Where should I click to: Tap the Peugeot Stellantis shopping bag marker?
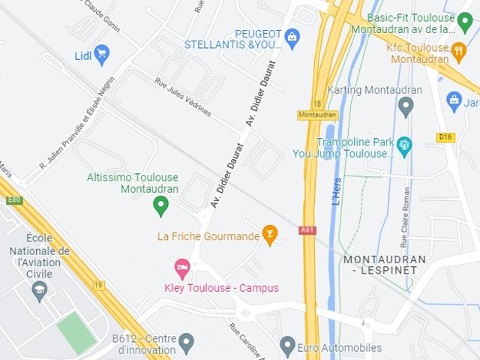292,35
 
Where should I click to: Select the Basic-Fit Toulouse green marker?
465,19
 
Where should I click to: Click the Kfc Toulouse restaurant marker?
460,50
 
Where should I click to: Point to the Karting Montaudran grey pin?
406,106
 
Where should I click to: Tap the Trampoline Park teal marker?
405,144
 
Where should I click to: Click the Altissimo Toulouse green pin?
160,205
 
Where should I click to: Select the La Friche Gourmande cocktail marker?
270,235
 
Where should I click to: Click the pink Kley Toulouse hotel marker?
181,267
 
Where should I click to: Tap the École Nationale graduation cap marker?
40,289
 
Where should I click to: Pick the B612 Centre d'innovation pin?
186,343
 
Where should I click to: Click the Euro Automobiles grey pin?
287,346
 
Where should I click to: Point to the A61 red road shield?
307,230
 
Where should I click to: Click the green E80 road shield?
14,200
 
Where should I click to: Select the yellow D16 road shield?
445,137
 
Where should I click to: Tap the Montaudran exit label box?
318,115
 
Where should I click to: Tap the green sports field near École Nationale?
76,332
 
